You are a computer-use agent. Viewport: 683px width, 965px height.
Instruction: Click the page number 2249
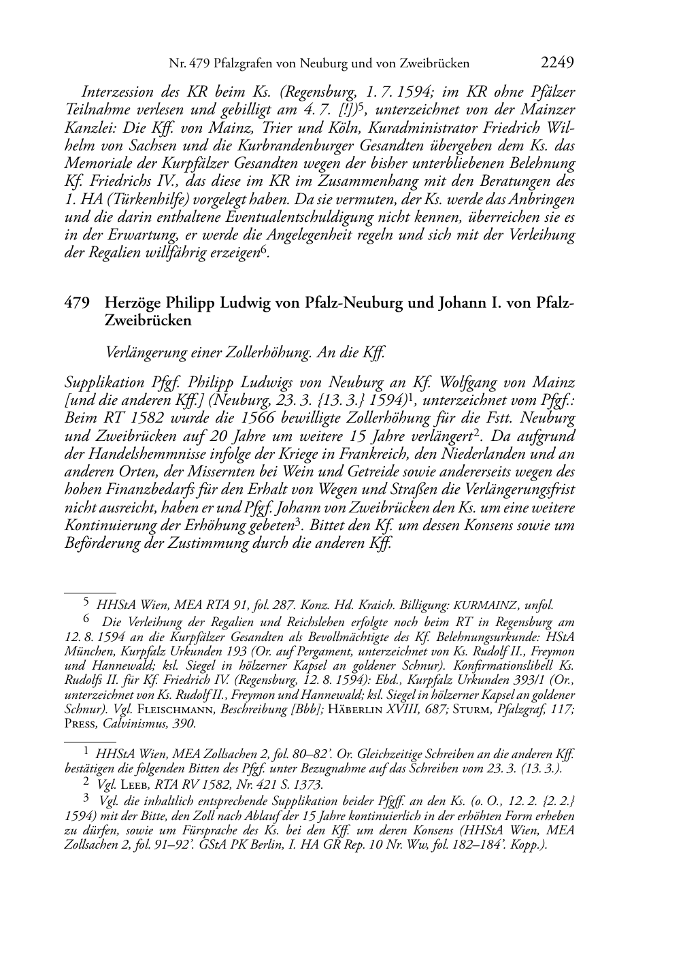coord(558,63)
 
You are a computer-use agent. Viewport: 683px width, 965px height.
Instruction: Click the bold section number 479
coord(76,303)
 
